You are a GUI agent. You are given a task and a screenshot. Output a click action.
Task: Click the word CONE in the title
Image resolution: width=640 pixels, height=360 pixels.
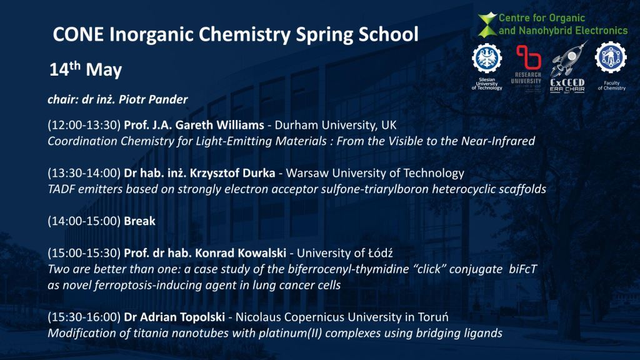click(x=78, y=34)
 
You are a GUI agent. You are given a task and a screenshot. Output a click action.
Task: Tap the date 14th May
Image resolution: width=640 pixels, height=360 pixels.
click(x=86, y=69)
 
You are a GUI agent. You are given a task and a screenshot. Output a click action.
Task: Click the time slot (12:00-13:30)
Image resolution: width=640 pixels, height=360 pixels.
click(x=84, y=125)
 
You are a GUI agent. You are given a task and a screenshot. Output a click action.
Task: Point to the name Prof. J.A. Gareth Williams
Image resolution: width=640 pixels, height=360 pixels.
click(x=194, y=125)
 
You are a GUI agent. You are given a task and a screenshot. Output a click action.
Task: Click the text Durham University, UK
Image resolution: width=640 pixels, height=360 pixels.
click(x=336, y=125)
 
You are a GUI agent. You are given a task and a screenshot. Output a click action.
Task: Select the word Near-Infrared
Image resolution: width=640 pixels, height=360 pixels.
click(x=498, y=141)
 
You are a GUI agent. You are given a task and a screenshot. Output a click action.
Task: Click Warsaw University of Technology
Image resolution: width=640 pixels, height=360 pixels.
click(x=375, y=173)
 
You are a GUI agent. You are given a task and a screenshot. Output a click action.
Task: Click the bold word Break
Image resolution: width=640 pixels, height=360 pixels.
click(x=139, y=221)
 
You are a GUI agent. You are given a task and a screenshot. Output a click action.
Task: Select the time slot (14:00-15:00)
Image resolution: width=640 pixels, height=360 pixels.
click(x=84, y=221)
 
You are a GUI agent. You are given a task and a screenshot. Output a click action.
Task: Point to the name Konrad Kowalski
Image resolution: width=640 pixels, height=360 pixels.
click(x=241, y=253)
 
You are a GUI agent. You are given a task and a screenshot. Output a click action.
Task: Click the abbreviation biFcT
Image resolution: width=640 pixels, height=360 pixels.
click(x=523, y=269)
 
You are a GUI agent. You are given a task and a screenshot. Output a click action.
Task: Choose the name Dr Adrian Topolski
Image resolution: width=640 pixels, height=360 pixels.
click(x=174, y=317)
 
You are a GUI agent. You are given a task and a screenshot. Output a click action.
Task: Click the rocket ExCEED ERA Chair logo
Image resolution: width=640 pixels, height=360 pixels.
click(x=567, y=67)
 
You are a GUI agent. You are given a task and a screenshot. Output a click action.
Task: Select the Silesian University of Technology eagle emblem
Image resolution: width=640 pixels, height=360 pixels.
click(x=487, y=58)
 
